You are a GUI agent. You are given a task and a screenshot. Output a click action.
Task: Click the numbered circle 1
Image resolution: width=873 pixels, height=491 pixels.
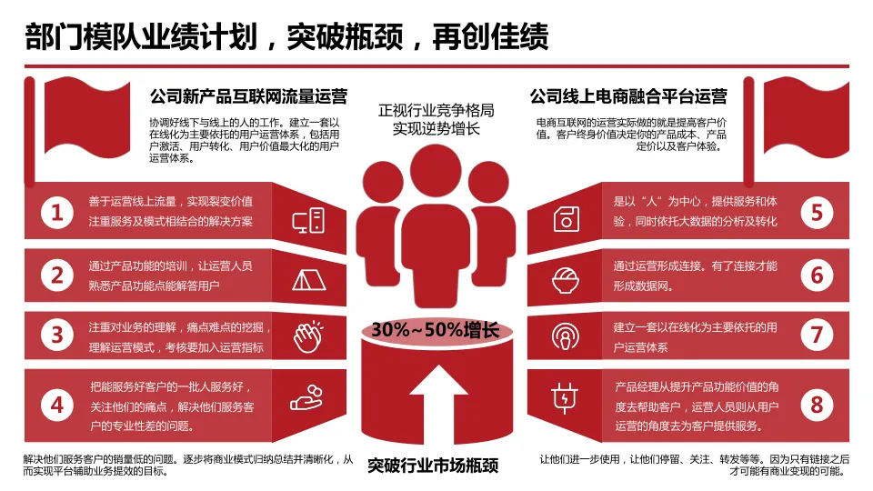pos(57,214)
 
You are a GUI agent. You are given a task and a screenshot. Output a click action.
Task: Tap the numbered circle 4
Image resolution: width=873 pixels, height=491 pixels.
pos(57,403)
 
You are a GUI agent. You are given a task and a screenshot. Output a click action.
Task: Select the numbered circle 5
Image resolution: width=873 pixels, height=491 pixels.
pos(816,214)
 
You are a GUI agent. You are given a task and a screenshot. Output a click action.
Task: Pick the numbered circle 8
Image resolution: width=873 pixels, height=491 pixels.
pos(816,403)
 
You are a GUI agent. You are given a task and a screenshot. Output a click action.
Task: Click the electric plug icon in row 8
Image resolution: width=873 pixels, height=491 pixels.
pos(565,397)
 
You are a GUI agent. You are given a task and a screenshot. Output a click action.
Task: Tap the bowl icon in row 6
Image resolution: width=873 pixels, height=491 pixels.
pos(565,278)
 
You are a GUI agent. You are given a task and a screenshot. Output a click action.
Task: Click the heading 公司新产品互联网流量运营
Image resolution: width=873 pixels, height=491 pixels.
pos(247,96)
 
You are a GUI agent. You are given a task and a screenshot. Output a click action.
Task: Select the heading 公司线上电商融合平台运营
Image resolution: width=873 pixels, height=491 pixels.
pos(628,96)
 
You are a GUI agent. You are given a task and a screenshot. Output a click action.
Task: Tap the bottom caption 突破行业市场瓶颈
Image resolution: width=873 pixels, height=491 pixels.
pos(434,466)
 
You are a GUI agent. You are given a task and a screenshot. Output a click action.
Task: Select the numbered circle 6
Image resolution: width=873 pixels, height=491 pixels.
pos(816,276)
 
